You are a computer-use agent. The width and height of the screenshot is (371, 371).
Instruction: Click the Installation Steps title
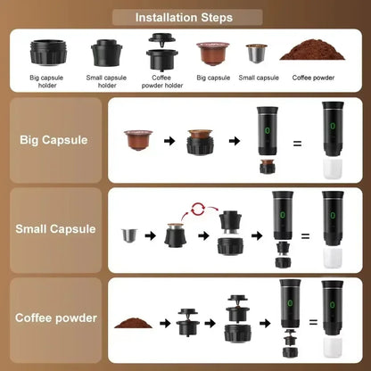185,17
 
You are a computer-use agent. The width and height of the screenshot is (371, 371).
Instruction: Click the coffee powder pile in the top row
311,50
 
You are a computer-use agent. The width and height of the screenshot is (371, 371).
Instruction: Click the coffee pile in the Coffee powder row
133,318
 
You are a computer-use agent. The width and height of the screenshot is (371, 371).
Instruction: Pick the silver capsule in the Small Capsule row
131,236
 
